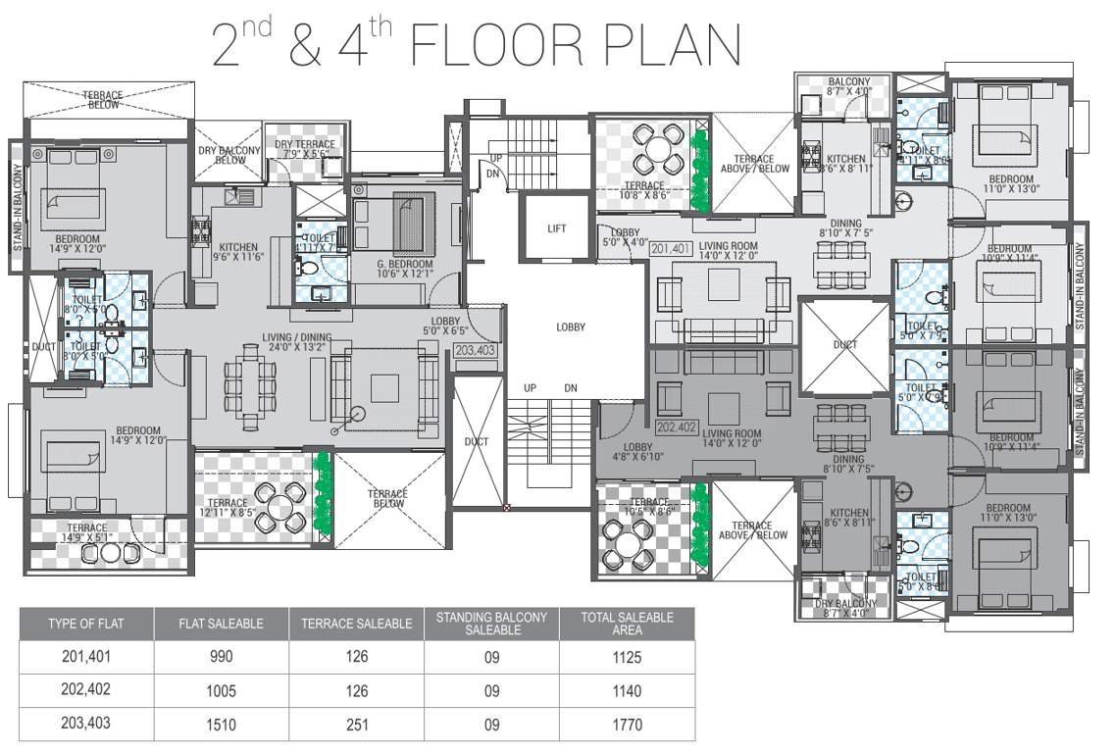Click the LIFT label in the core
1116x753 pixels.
click(x=557, y=228)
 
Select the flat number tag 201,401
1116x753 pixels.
click(x=672, y=249)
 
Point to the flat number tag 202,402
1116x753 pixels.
click(x=676, y=427)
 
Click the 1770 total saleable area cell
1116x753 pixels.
click(x=626, y=725)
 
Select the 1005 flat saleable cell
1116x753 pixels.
click(x=221, y=690)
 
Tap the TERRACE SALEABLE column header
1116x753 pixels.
click(x=356, y=624)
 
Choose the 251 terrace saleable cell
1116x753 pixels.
click(x=356, y=725)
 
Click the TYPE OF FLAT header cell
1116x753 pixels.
click(x=86, y=624)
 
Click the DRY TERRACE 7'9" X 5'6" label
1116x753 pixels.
click(x=304, y=149)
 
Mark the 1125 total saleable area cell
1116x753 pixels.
click(x=626, y=657)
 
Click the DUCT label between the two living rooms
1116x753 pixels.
click(x=844, y=345)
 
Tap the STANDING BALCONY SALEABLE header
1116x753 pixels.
click(x=490, y=624)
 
